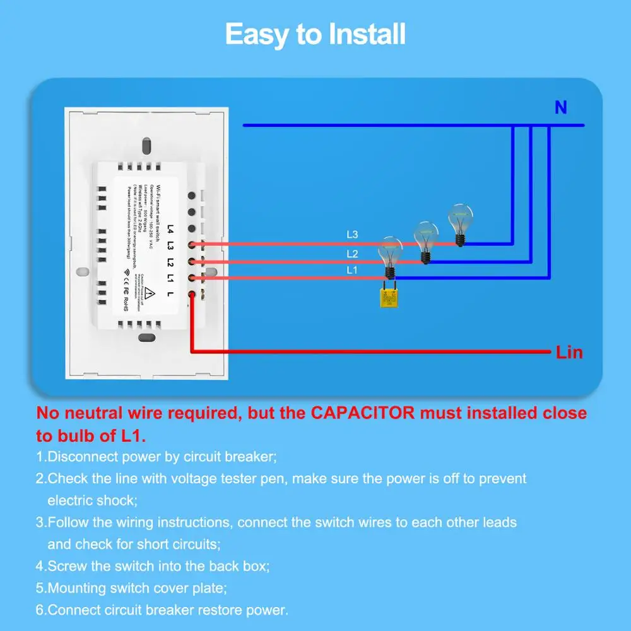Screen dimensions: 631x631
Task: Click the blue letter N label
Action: tap(560, 108)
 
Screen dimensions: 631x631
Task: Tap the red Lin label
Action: tap(569, 352)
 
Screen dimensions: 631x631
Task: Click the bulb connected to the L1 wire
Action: tap(390, 256)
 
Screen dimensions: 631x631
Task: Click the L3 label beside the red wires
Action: tap(352, 235)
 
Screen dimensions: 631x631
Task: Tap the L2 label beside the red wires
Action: tap(352, 254)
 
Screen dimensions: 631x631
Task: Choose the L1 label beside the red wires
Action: tap(352, 270)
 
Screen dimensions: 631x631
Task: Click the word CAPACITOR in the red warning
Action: tap(363, 414)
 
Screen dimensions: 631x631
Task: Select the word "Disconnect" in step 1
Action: tap(82, 456)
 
